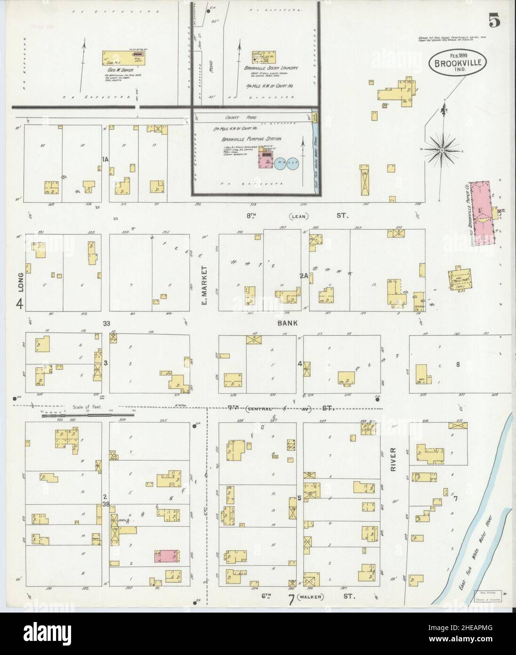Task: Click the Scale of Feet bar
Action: [x=66, y=416]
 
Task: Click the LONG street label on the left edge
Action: [x=19, y=281]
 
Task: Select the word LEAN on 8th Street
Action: [x=298, y=216]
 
